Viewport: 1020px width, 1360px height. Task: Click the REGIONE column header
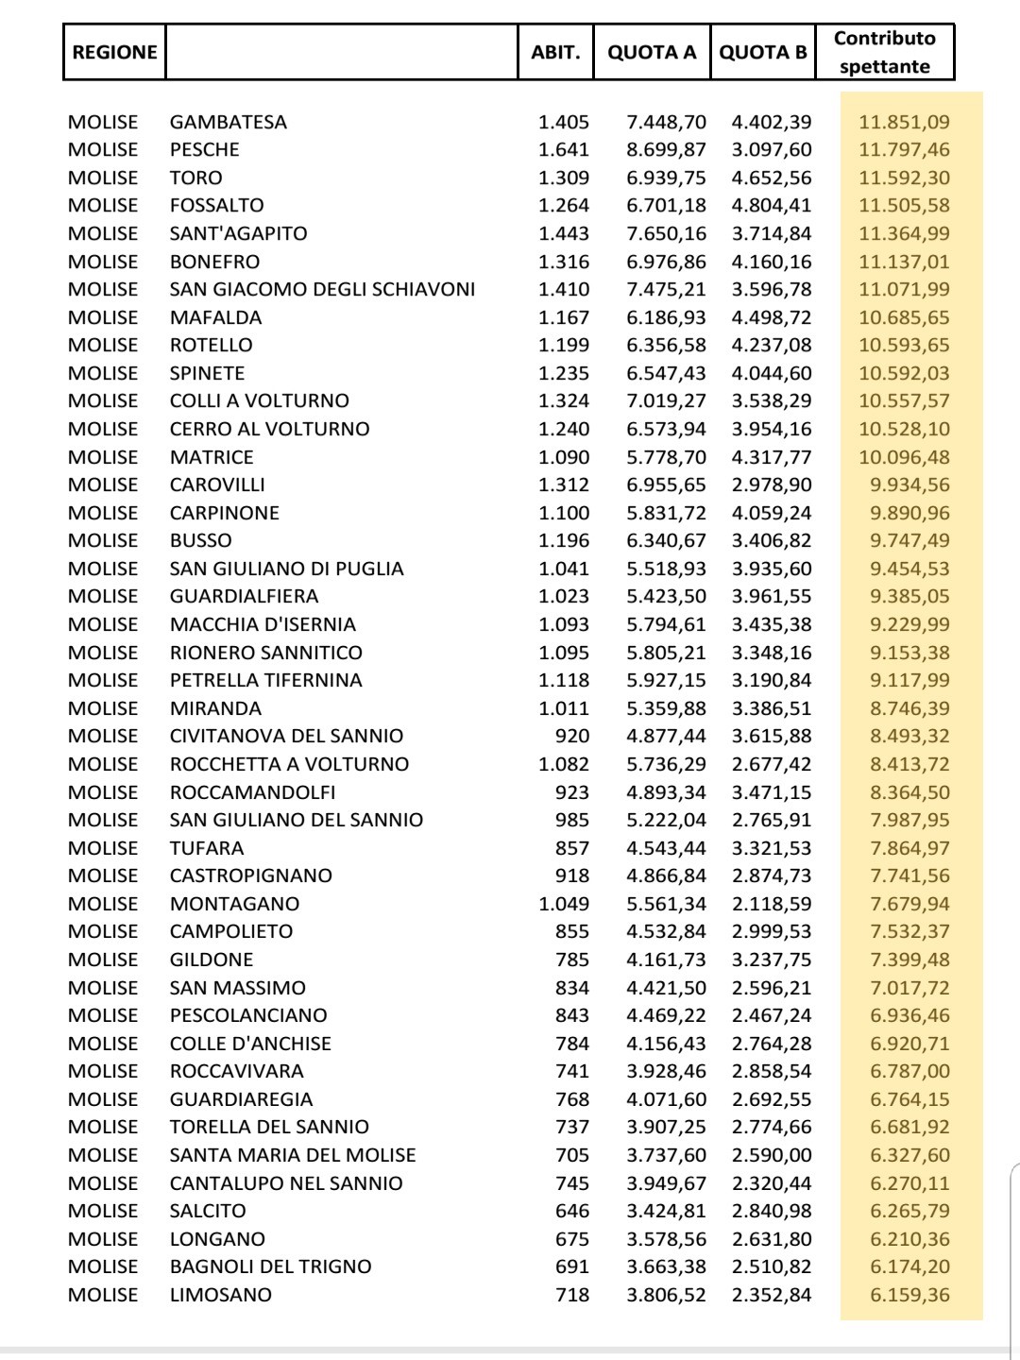pos(114,52)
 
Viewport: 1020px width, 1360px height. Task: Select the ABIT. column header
pos(555,52)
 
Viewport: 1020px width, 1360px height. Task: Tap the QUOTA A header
pos(652,52)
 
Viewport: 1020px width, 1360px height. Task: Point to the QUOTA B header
pos(763,52)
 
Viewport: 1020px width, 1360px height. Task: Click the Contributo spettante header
pos(884,52)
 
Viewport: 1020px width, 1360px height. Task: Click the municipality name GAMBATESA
pos(228,122)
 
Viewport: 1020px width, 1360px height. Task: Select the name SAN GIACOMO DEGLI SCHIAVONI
pos(322,289)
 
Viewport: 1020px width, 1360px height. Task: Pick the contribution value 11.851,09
pos(904,122)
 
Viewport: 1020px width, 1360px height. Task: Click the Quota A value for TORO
pos(666,178)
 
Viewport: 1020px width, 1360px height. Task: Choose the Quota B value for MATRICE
pos(771,457)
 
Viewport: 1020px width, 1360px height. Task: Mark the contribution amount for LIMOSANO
pos(909,1295)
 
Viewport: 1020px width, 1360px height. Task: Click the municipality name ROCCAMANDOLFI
pos(252,792)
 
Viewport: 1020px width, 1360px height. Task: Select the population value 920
pos(571,736)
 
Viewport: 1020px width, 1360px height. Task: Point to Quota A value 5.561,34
pos(666,904)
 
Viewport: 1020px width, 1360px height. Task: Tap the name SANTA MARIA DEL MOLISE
pos(293,1155)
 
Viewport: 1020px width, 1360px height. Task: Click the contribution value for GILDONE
pos(909,960)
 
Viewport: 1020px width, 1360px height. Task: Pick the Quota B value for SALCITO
pos(771,1211)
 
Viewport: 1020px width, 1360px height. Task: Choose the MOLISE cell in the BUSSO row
pos(103,540)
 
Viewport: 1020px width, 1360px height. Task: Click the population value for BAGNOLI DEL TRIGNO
pos(571,1266)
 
